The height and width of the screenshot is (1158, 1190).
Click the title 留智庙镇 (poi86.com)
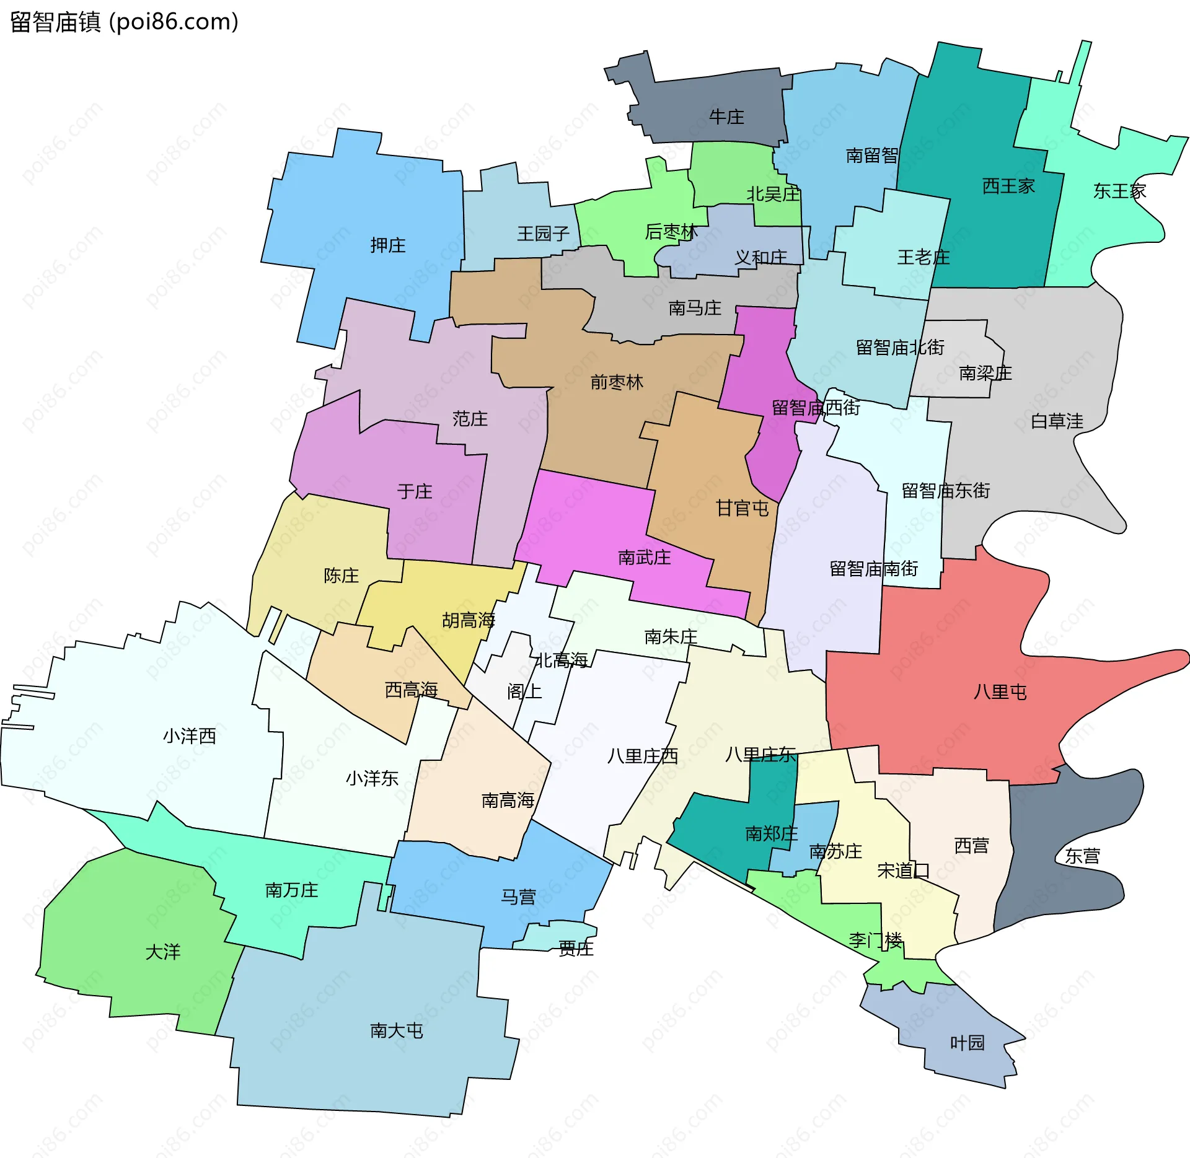tap(124, 22)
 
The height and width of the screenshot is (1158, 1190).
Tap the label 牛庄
tap(726, 117)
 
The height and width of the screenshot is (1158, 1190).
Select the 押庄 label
tap(387, 245)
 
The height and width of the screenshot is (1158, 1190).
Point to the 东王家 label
tap(1119, 191)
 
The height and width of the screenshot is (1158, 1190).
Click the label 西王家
tap(1008, 186)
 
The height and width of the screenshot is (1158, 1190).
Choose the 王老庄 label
tap(923, 257)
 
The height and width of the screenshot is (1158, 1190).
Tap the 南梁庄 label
tap(985, 373)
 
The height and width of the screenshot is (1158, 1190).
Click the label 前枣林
tap(616, 382)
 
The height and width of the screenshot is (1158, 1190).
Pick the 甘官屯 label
tap(742, 509)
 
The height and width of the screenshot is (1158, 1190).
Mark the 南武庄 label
tap(644, 558)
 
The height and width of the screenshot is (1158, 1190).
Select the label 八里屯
tap(999, 692)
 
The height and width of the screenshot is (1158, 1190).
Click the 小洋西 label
tap(189, 736)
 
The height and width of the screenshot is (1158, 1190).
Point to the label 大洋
tap(162, 952)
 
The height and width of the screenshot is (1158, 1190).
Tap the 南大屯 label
tap(396, 1030)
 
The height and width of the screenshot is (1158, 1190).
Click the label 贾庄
tap(576, 949)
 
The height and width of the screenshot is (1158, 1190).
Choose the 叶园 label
tap(967, 1043)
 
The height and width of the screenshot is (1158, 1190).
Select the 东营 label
tap(1082, 856)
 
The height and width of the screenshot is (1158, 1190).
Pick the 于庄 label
tap(414, 492)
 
